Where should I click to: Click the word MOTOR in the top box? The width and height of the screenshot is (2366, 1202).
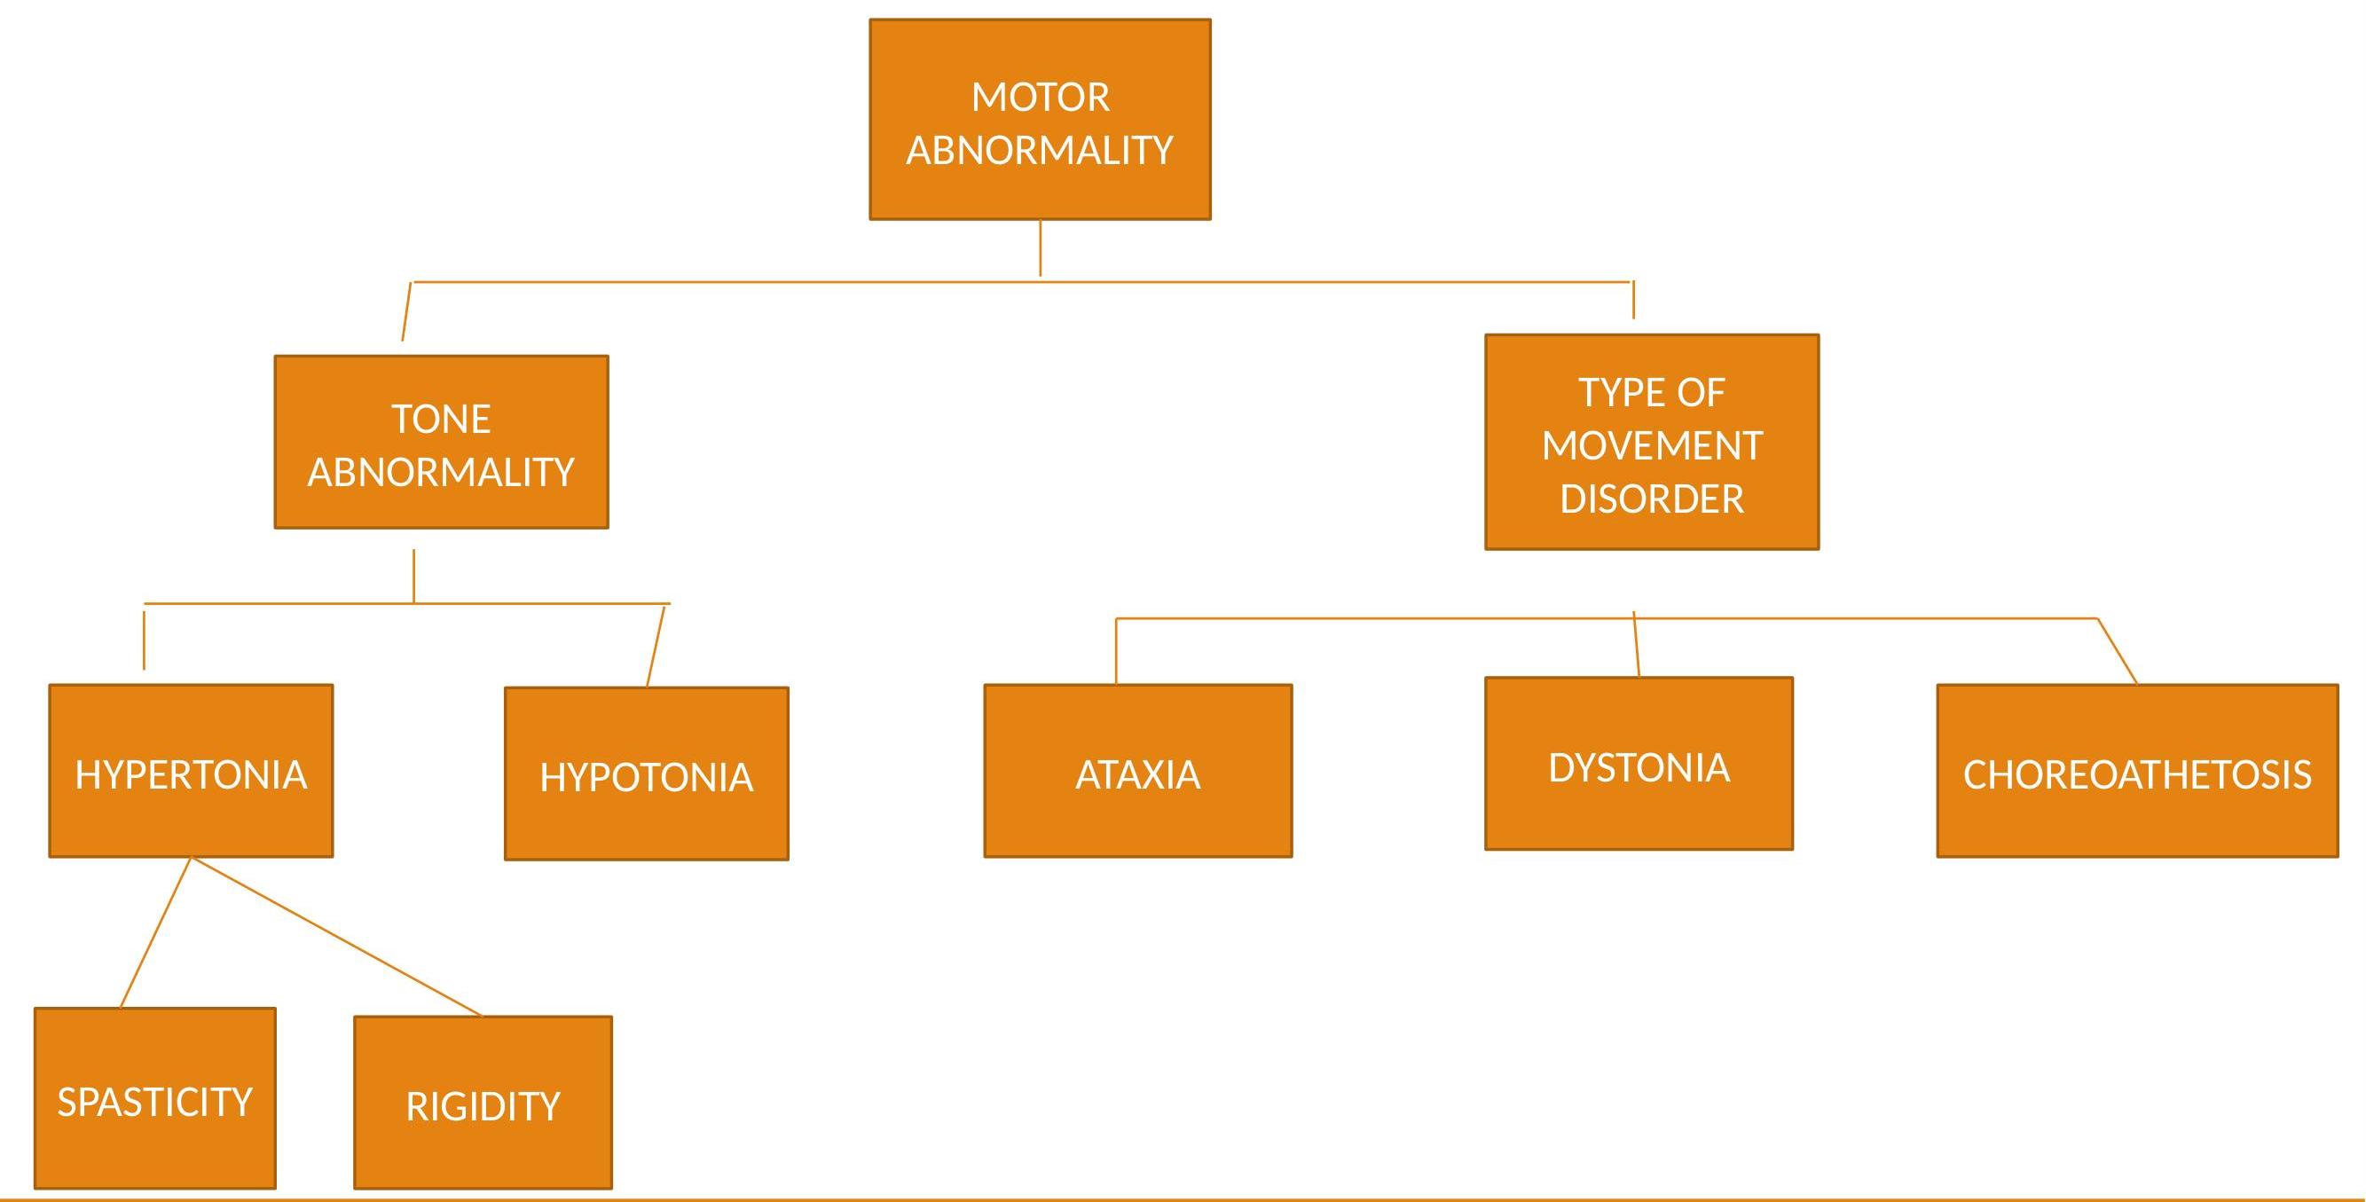coord(1040,98)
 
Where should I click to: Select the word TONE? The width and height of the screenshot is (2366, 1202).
coord(441,420)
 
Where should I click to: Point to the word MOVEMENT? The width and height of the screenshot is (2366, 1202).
coord(1652,446)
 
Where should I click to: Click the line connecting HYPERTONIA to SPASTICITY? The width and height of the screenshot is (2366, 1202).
coord(155,932)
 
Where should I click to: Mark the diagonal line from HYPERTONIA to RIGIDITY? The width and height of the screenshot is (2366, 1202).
coord(336,937)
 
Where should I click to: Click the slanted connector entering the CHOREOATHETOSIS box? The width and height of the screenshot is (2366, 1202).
coord(2117,651)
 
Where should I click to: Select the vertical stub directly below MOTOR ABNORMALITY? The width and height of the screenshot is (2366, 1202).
coord(1040,247)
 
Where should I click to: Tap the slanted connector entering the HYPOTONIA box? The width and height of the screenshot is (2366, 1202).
coord(655,646)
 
